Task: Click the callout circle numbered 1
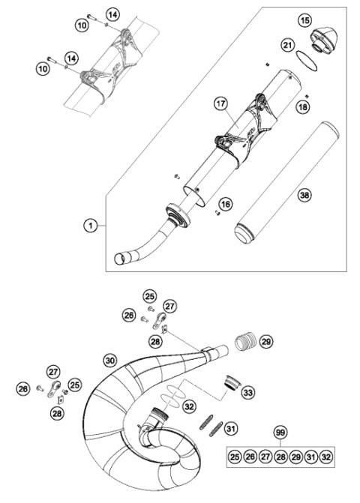pos(89,223)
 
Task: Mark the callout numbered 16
pos(224,204)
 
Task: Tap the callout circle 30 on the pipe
pos(110,361)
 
